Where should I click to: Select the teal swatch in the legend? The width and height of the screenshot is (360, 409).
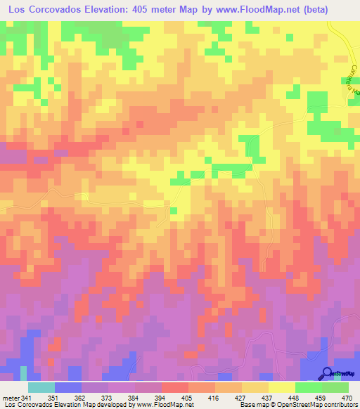pyautogui.click(x=41, y=388)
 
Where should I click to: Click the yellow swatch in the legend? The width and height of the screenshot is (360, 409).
pyautogui.click(x=281, y=388)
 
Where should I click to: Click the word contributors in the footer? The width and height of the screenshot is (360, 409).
pyautogui.click(x=341, y=405)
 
